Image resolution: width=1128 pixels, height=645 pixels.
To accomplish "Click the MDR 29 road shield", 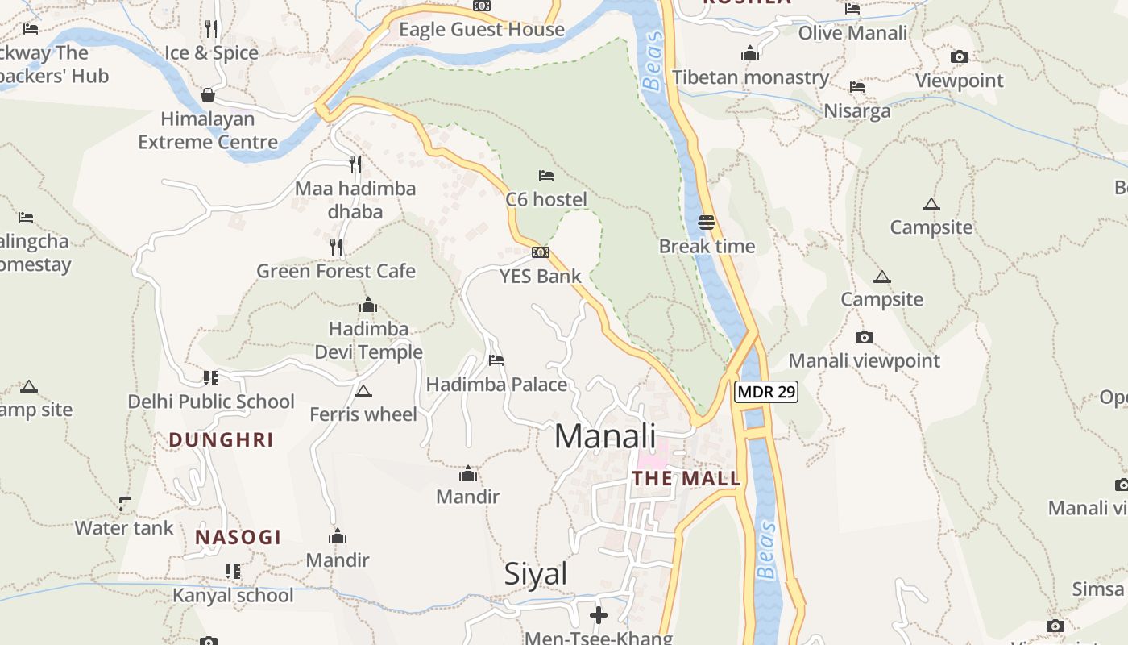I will pyautogui.click(x=765, y=393).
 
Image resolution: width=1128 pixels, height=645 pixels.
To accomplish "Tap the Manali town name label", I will pyautogui.click(x=605, y=436).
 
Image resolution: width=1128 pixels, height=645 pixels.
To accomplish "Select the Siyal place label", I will pyautogui.click(x=536, y=574).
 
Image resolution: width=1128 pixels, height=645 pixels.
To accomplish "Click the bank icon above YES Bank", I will pyautogui.click(x=540, y=252).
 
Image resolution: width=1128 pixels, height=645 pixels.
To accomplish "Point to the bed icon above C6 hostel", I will pyautogui.click(x=546, y=175).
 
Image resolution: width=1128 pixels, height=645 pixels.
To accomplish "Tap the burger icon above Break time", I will pyautogui.click(x=707, y=222).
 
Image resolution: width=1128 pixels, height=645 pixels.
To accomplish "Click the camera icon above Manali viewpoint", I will pyautogui.click(x=865, y=337).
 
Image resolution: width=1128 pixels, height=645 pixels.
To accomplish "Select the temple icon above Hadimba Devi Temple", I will pyautogui.click(x=368, y=305).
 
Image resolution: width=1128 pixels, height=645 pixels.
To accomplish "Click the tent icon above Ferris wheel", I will pyautogui.click(x=363, y=391).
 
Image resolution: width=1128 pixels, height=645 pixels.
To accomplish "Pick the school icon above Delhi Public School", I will pyautogui.click(x=211, y=377).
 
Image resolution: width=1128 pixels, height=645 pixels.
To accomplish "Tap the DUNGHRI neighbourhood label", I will pyautogui.click(x=222, y=440).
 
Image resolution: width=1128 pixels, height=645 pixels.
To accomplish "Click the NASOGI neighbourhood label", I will pyautogui.click(x=238, y=538).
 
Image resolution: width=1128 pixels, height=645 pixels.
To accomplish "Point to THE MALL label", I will pyautogui.click(x=686, y=478).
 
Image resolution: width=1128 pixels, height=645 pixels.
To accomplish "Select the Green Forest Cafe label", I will pyautogui.click(x=336, y=271).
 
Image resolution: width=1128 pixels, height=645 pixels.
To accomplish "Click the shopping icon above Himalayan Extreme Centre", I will pyautogui.click(x=208, y=95).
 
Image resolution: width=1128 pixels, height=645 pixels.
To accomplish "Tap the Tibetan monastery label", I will pyautogui.click(x=751, y=77).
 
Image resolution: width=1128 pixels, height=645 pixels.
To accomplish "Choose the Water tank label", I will pyautogui.click(x=124, y=528).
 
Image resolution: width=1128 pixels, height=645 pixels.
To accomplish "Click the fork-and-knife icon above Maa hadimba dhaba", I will pyautogui.click(x=355, y=164).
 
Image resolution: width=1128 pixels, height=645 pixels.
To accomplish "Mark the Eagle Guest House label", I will pyautogui.click(x=482, y=30).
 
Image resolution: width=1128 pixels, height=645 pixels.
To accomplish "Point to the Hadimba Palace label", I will pyautogui.click(x=496, y=385).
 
